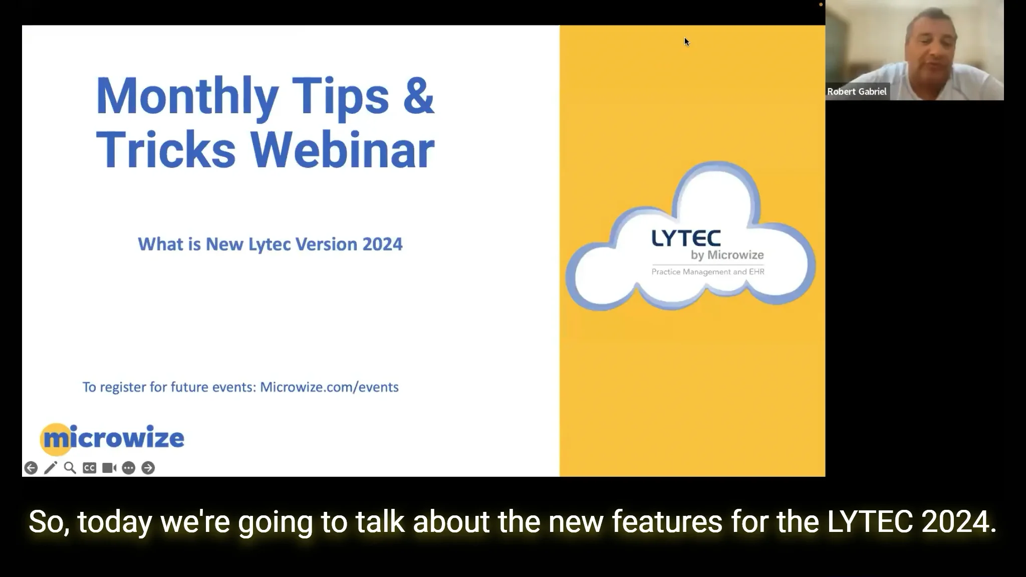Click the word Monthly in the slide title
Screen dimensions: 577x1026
coord(187,96)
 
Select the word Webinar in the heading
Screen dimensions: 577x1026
coord(342,150)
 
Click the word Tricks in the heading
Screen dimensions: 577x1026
coord(165,150)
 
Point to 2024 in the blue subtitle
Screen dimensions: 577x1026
coord(382,244)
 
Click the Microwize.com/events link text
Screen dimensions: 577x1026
coord(329,387)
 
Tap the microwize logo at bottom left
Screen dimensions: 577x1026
coord(112,438)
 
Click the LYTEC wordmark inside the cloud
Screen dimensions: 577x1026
coord(686,238)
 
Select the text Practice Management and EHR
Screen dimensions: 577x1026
coord(707,272)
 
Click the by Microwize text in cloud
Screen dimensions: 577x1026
coord(727,255)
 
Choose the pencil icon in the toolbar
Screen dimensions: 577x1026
coord(51,468)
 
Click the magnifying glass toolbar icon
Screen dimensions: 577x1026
coord(70,468)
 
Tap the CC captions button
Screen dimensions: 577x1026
coord(90,468)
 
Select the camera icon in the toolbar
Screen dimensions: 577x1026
coord(109,468)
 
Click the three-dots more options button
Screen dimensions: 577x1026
coord(129,468)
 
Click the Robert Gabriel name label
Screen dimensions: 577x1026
coord(857,92)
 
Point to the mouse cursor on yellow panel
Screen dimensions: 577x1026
coord(686,42)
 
